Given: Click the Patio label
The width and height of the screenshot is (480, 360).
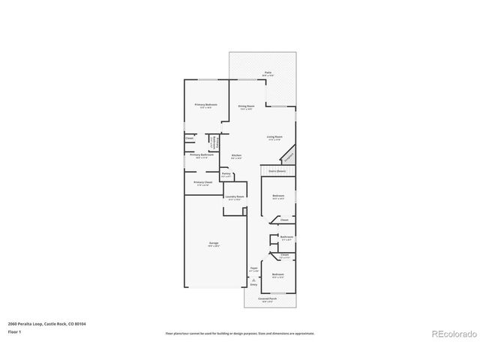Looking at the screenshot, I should (x=267, y=73).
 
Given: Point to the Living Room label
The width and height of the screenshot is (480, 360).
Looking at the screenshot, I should (x=274, y=136).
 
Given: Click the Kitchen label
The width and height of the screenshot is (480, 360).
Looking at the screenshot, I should (x=236, y=155).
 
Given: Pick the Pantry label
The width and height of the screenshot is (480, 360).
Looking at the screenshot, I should (x=226, y=173).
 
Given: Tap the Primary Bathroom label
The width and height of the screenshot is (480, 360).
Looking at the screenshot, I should (x=199, y=155).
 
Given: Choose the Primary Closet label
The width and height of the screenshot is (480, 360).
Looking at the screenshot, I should (x=203, y=182).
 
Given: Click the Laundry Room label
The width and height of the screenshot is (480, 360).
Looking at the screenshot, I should (x=235, y=197).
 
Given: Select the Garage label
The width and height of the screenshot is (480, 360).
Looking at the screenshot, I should (x=214, y=244).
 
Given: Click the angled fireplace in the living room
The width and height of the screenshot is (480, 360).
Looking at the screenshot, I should (x=288, y=156).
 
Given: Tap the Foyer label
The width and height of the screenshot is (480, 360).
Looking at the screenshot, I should (x=253, y=269).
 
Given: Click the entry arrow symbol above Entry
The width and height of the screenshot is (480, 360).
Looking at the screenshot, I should (x=253, y=278).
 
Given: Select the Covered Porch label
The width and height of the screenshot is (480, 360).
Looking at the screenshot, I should (x=268, y=298).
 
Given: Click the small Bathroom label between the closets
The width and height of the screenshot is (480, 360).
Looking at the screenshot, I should (x=286, y=237).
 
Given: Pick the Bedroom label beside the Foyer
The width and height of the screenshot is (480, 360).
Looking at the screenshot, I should (x=278, y=274).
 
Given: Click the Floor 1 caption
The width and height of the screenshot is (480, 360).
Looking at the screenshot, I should (x=15, y=331).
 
